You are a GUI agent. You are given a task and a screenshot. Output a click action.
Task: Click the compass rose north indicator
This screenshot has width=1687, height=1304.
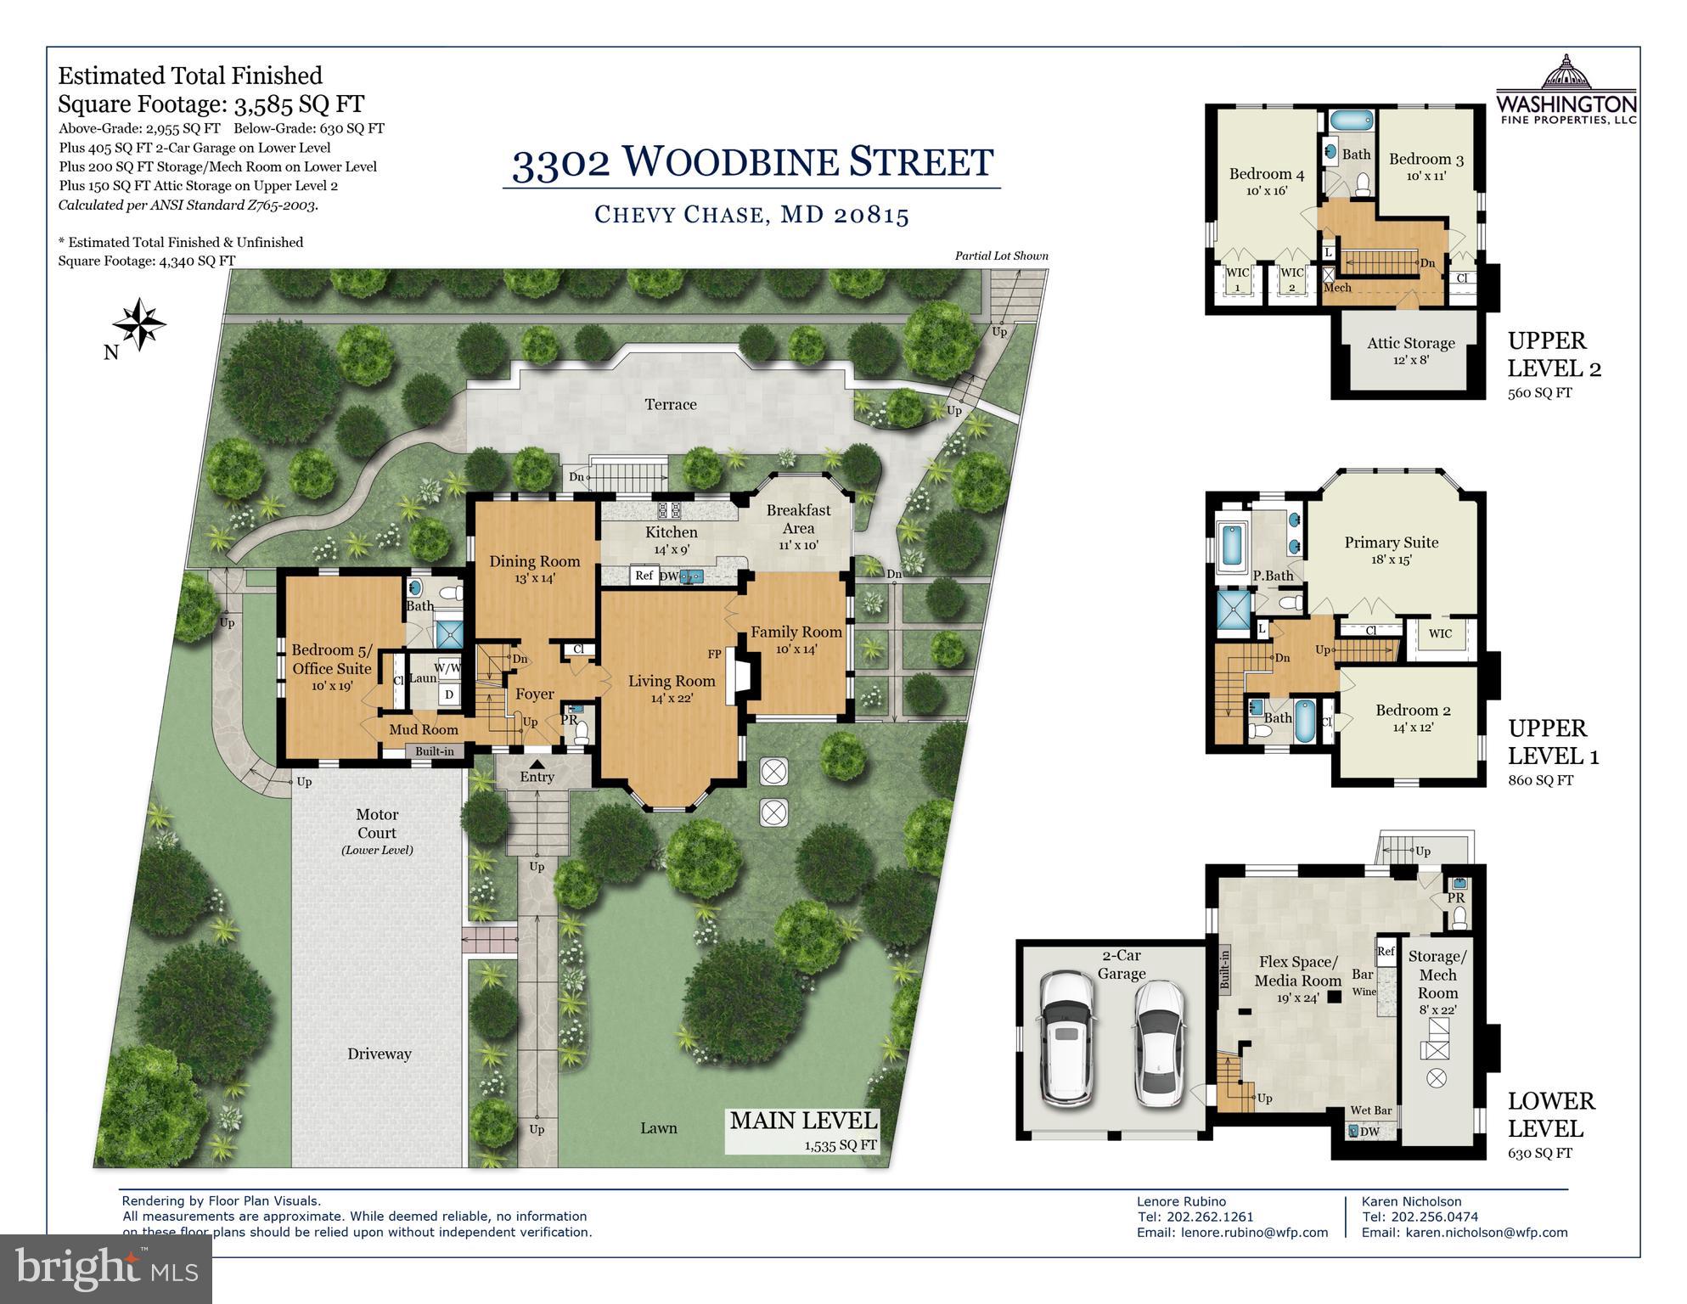[139, 324]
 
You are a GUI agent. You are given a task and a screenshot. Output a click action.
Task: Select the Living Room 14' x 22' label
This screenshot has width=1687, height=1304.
[672, 689]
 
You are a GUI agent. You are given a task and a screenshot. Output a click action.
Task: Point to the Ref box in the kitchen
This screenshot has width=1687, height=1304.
[644, 576]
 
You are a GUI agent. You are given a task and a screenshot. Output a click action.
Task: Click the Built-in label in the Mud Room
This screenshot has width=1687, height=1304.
[434, 751]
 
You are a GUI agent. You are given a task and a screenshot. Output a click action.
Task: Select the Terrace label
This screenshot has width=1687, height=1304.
[671, 404]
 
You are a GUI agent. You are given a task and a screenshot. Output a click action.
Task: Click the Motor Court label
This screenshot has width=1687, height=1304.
[377, 823]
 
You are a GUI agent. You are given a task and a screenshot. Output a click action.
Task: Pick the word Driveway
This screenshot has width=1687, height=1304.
[379, 1054]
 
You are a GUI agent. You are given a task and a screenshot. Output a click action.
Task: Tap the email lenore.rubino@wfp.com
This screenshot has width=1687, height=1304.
[1232, 1232]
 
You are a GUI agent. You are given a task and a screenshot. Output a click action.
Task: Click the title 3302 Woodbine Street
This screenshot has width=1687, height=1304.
[752, 162]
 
